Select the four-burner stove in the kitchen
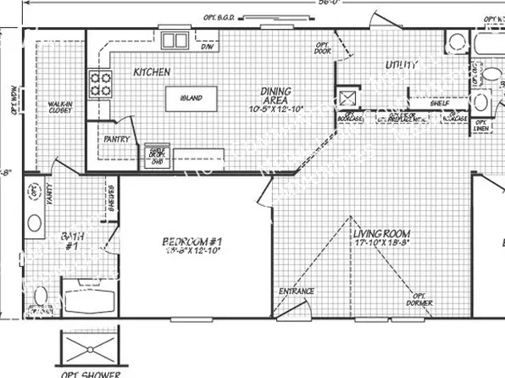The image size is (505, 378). coord(100,84)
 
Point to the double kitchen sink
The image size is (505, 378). coord(175,39)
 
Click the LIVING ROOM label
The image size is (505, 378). coord(381,233)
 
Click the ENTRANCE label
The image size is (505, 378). coord(297,292)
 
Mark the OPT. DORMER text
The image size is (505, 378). coord(417,299)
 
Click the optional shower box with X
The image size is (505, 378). coord(88,348)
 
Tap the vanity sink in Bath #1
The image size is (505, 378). coord(34,224)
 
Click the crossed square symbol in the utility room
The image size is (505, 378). coord(347,96)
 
